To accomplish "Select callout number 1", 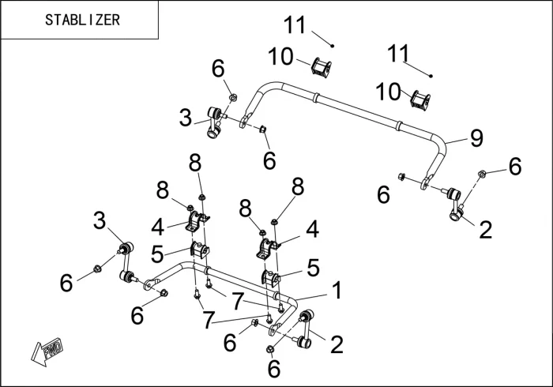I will [337, 291].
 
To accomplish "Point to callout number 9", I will [476, 138].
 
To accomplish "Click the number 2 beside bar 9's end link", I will [485, 230].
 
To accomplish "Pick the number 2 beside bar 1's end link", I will [337, 344].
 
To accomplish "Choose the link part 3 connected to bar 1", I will [126, 264].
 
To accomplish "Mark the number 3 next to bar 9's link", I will [186, 118].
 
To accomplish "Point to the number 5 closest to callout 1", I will [313, 269].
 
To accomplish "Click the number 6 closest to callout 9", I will [514, 166].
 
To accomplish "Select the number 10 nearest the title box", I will [280, 57].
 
